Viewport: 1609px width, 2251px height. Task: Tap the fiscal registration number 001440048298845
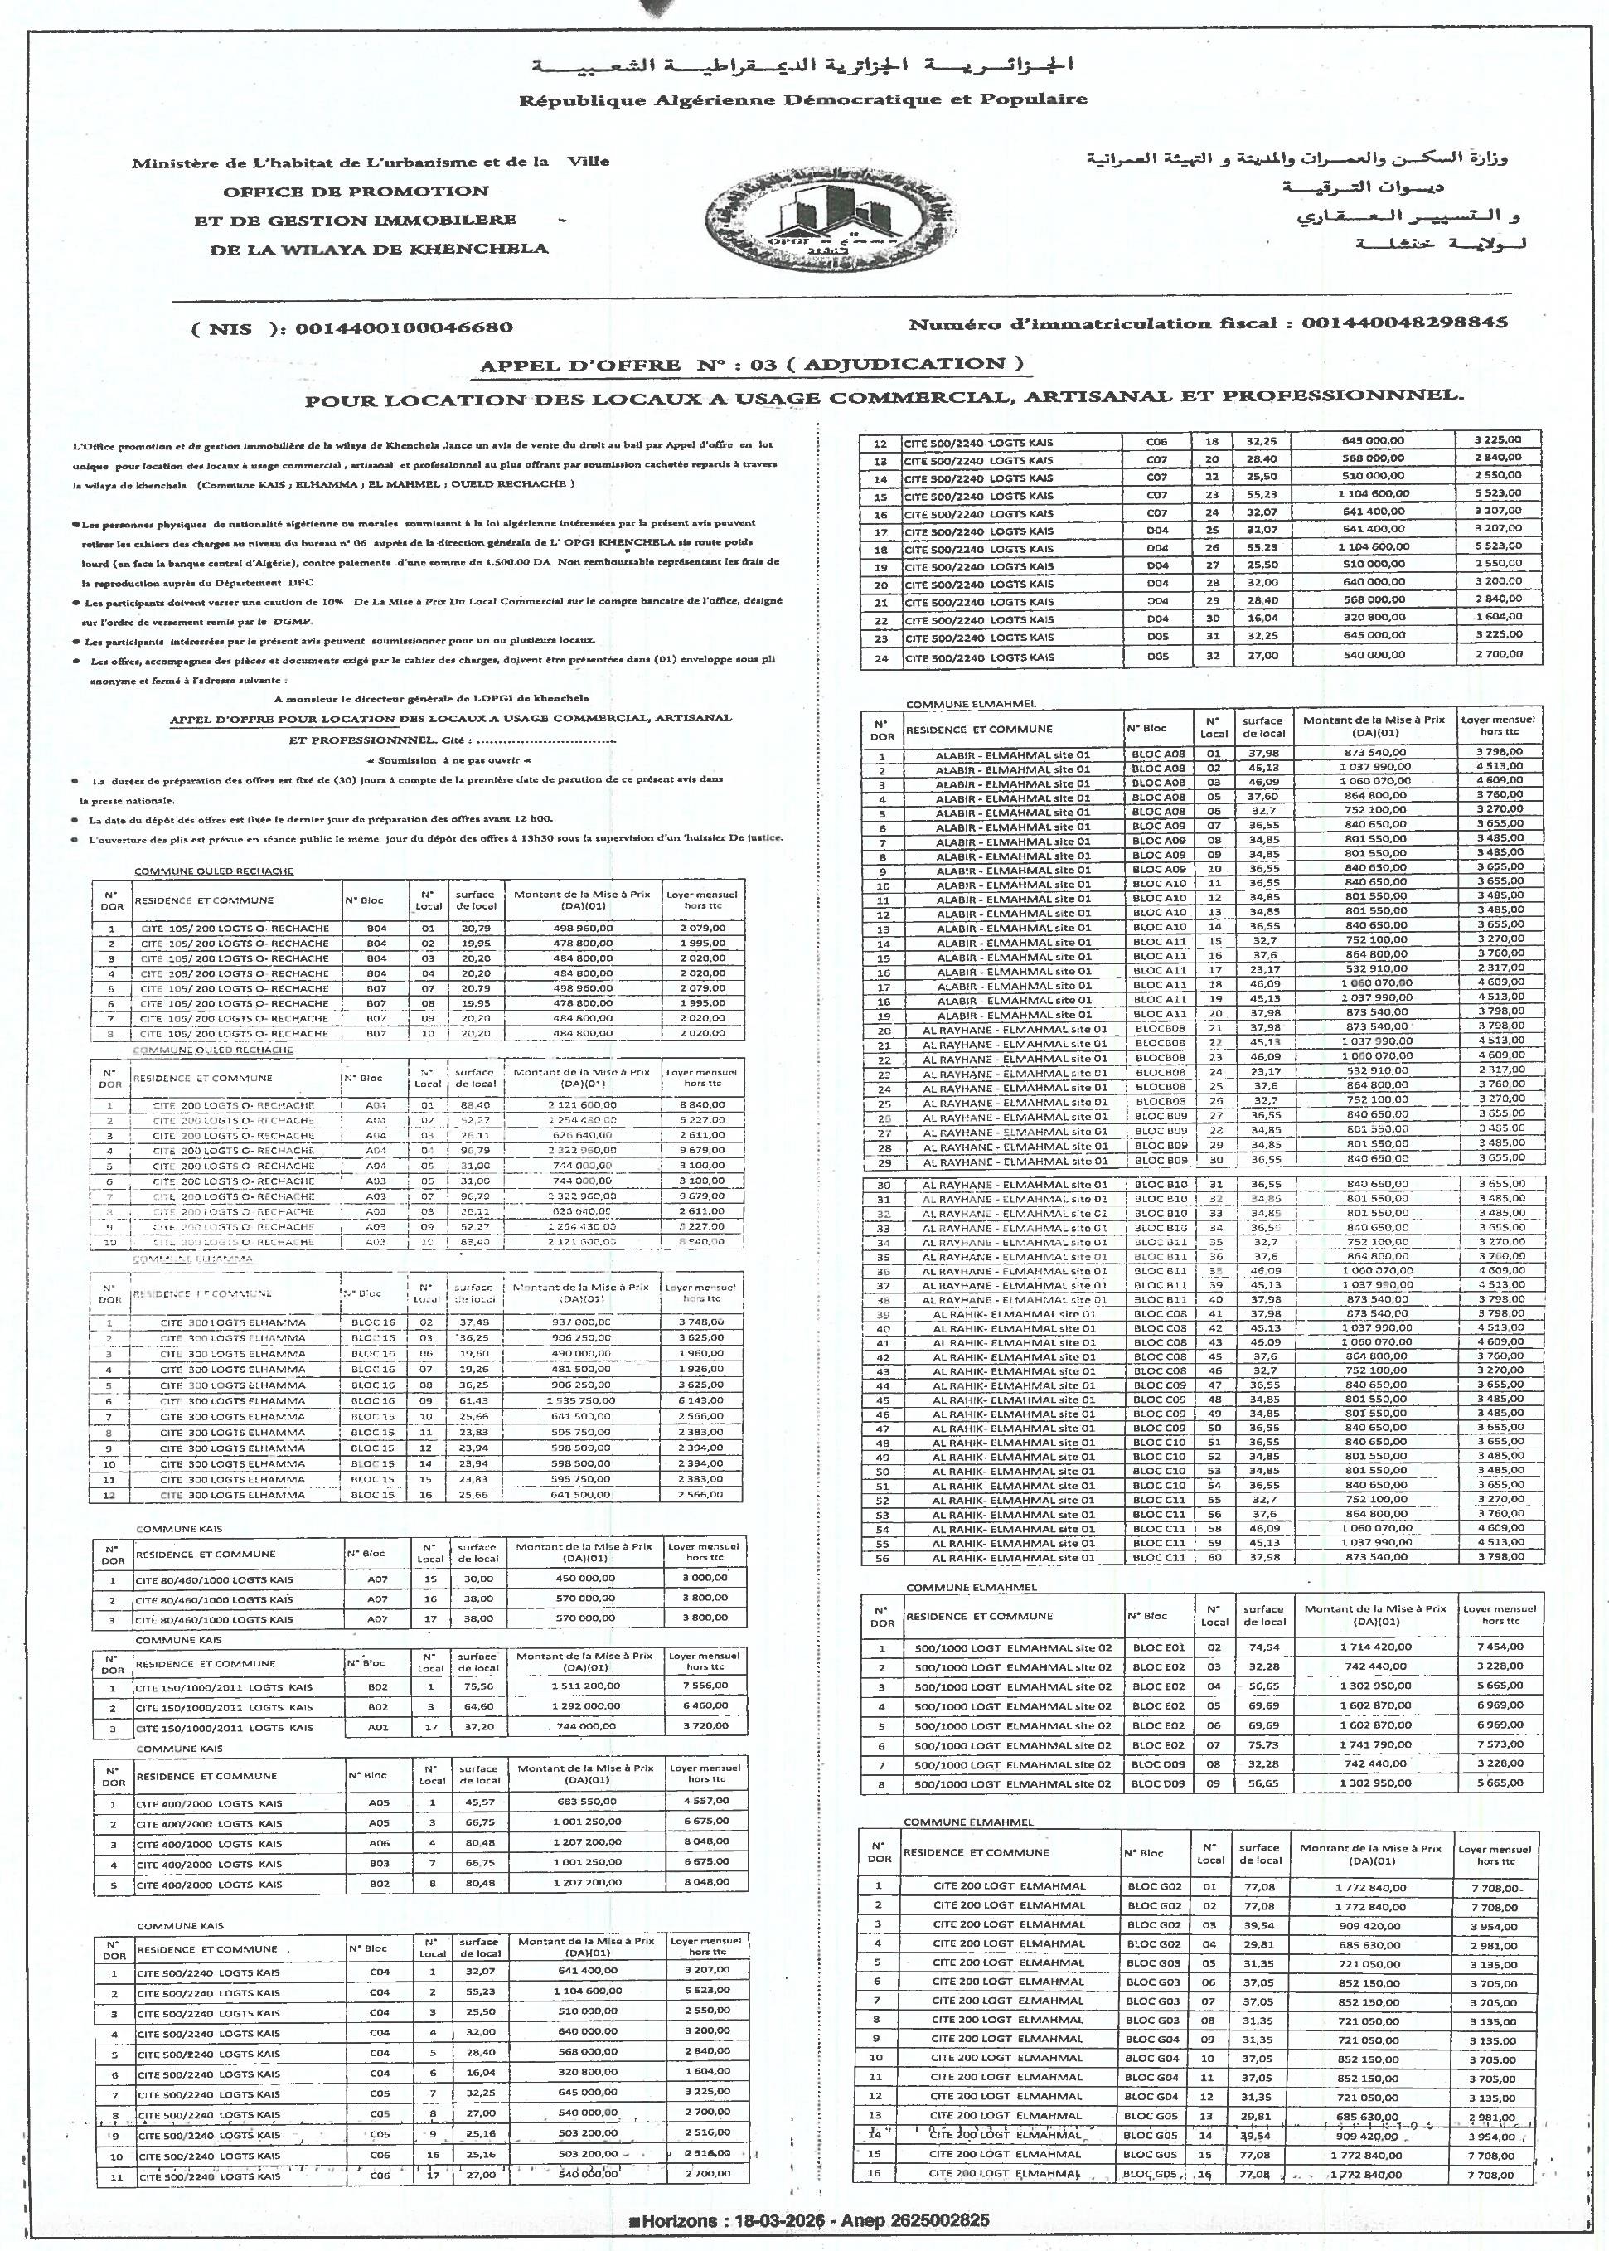click(1404, 323)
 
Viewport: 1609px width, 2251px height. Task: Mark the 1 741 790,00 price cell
click(1372, 1744)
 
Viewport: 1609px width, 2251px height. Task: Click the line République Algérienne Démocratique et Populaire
click(802, 99)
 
